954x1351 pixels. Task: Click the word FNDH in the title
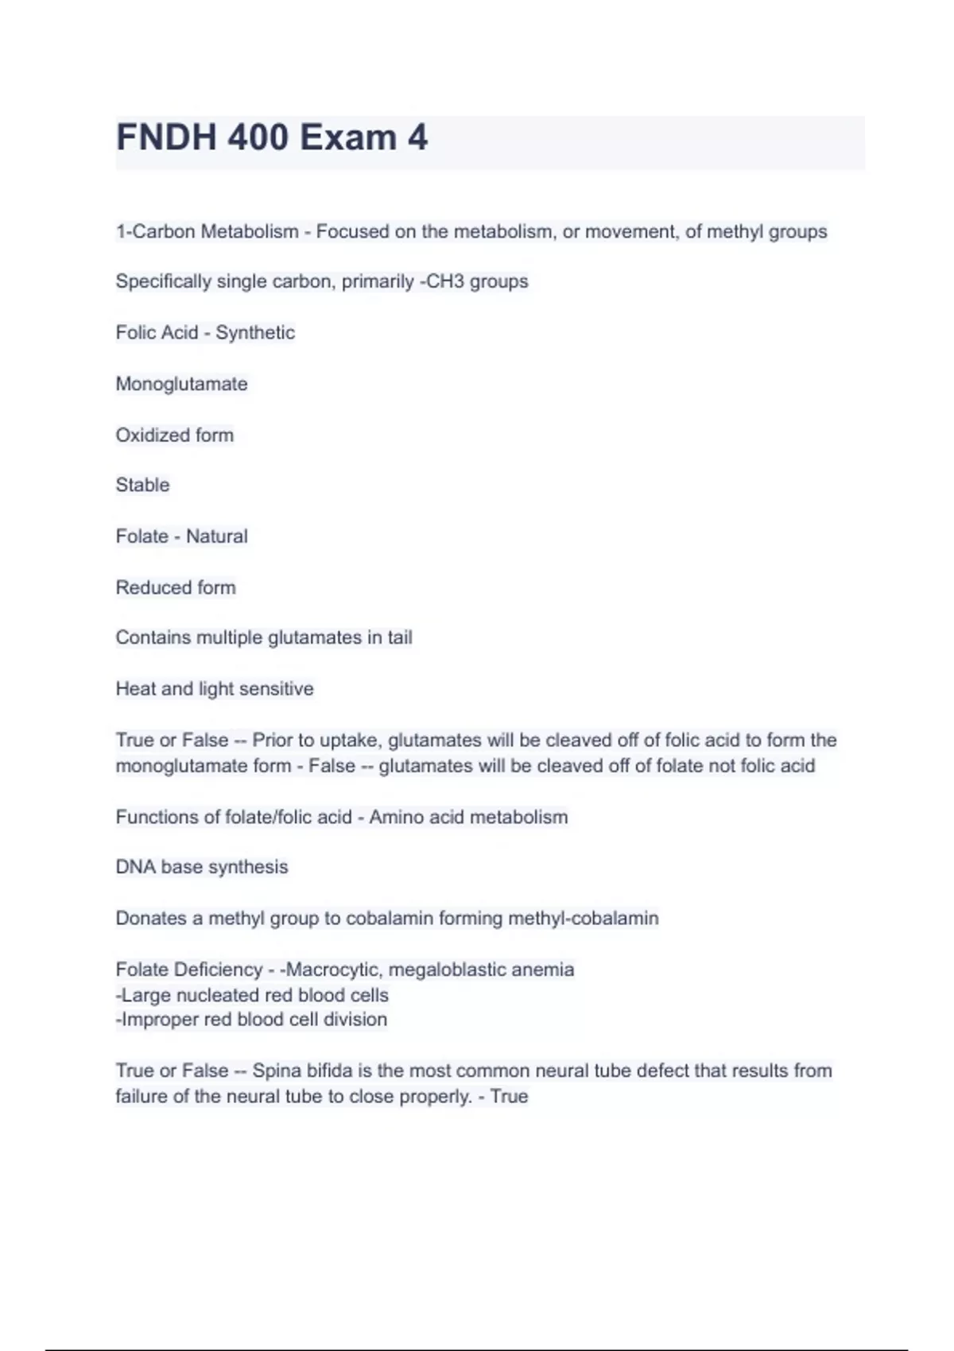point(166,137)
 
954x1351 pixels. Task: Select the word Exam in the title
point(348,137)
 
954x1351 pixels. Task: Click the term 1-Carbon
point(155,231)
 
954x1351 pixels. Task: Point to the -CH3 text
point(443,281)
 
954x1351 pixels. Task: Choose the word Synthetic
point(255,332)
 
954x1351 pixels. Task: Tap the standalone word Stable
point(142,485)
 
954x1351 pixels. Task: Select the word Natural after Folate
point(216,536)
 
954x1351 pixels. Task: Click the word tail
point(400,637)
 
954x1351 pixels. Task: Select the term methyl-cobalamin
point(583,918)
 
